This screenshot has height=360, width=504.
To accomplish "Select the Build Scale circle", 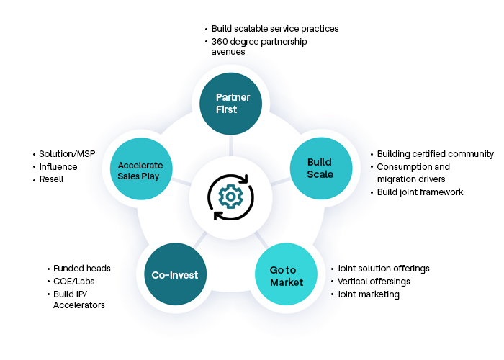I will click(x=319, y=167).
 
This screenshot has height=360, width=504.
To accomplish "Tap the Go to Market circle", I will click(x=287, y=275).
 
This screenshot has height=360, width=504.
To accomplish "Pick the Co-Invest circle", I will click(x=175, y=275).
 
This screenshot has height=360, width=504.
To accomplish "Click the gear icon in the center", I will click(x=230, y=196).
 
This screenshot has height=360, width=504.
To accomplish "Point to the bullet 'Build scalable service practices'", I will click(x=274, y=29).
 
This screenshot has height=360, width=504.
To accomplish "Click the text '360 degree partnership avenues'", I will click(x=258, y=47).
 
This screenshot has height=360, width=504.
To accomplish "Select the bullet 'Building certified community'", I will click(x=435, y=154).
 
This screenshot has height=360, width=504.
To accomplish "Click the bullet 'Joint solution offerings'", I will click(x=383, y=269).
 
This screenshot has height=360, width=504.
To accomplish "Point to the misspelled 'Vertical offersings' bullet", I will click(x=373, y=282).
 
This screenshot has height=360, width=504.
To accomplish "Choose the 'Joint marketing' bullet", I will click(x=368, y=294).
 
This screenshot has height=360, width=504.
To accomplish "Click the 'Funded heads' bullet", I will click(x=81, y=269).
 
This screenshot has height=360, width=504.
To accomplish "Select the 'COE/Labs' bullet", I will click(x=73, y=282).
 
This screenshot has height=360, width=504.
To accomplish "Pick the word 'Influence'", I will click(x=58, y=167).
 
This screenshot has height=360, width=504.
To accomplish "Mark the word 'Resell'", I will click(x=51, y=179).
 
